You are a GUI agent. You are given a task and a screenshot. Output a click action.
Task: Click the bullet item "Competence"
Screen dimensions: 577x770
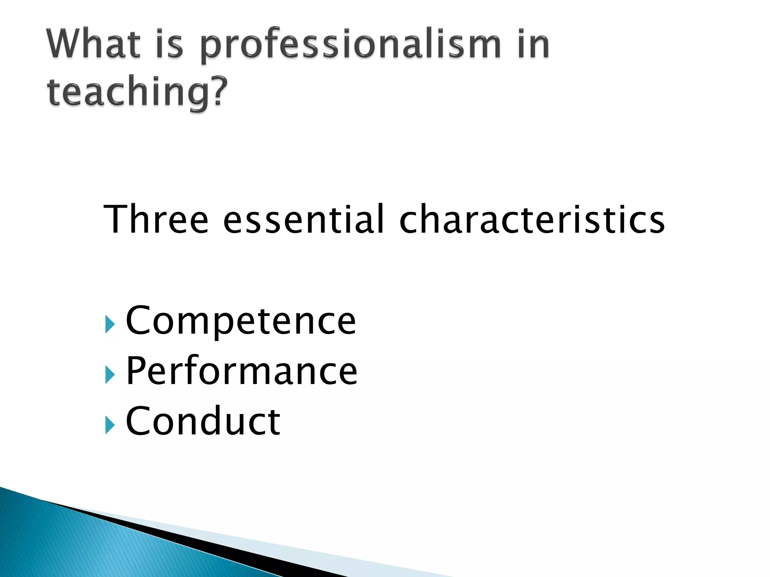241,320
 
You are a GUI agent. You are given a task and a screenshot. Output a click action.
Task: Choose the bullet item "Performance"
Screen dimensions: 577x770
241,371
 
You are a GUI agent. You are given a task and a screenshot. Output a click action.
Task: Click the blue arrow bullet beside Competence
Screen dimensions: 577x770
109,325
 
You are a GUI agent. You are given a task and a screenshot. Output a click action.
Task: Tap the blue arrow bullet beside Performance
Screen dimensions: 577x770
109,375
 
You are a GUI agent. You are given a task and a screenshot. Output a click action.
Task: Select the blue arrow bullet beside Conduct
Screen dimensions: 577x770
109,425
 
